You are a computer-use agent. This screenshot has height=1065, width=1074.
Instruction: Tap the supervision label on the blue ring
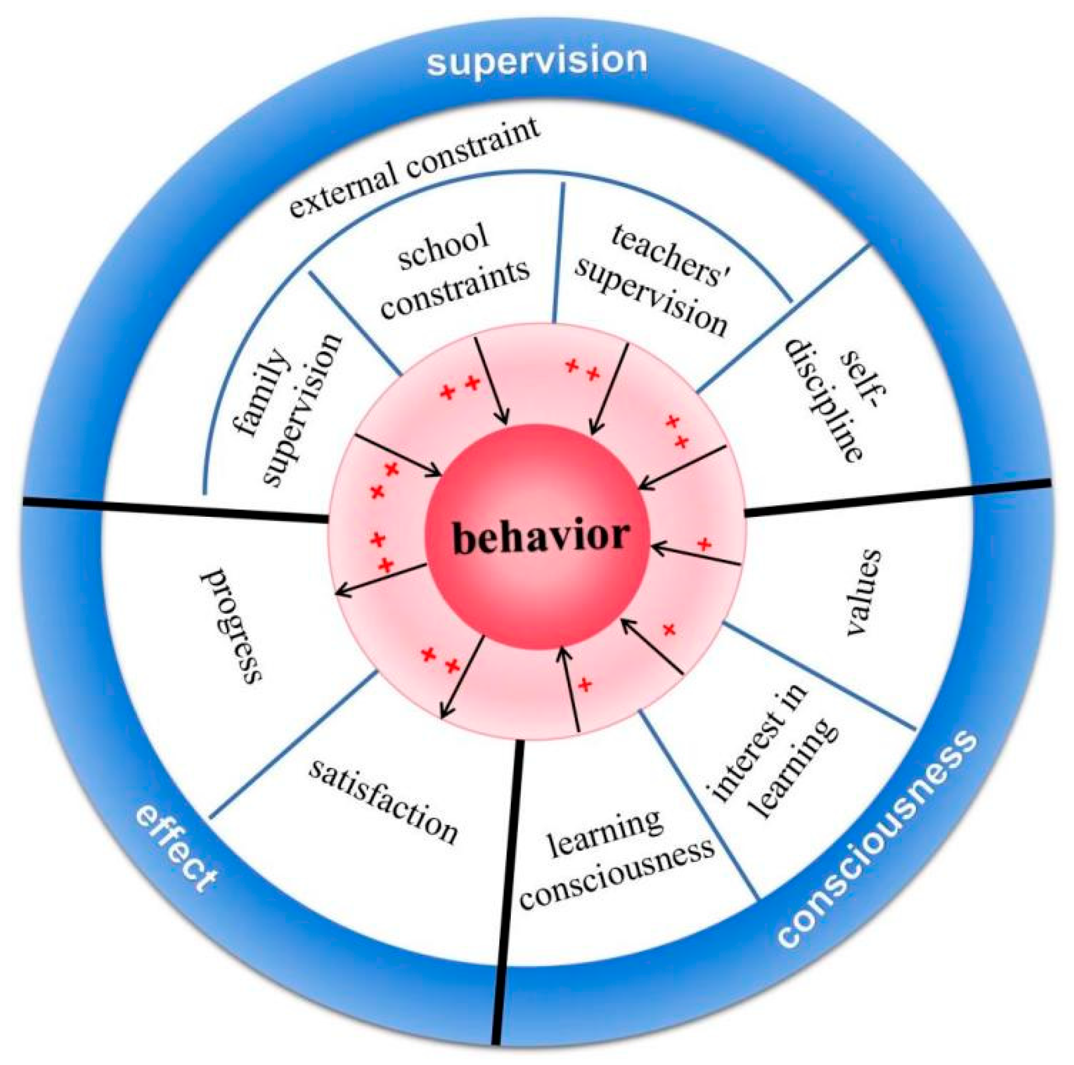(537, 60)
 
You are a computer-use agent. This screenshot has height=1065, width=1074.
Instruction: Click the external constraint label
(415, 167)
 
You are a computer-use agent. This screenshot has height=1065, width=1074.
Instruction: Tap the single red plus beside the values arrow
(704, 544)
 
